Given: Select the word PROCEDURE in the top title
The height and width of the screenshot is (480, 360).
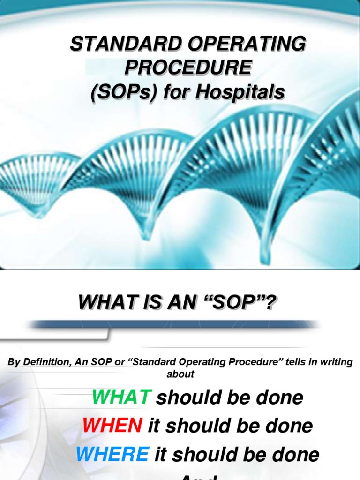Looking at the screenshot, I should click(x=187, y=68).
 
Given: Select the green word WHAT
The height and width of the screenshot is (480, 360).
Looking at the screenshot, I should click(x=121, y=397).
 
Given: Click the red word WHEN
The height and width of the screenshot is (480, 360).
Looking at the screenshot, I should click(x=112, y=426).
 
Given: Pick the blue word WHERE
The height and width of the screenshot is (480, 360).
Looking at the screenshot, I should click(x=112, y=454).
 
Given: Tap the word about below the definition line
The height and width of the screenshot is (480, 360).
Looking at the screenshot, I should click(x=180, y=374).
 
